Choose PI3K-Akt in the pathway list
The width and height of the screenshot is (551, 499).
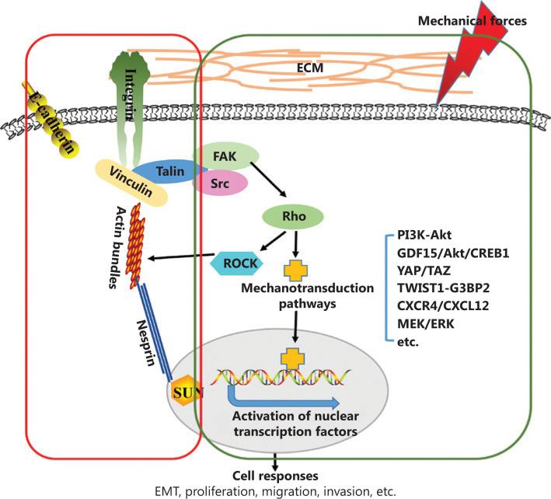point(428,235)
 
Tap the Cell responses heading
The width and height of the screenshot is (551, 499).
point(275,475)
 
